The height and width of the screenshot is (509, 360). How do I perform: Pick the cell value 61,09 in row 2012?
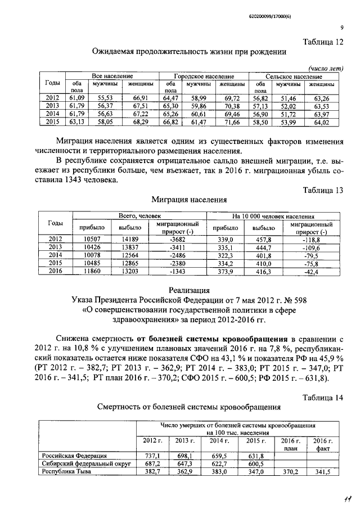point(76,98)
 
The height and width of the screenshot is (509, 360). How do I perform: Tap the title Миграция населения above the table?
point(189,200)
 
